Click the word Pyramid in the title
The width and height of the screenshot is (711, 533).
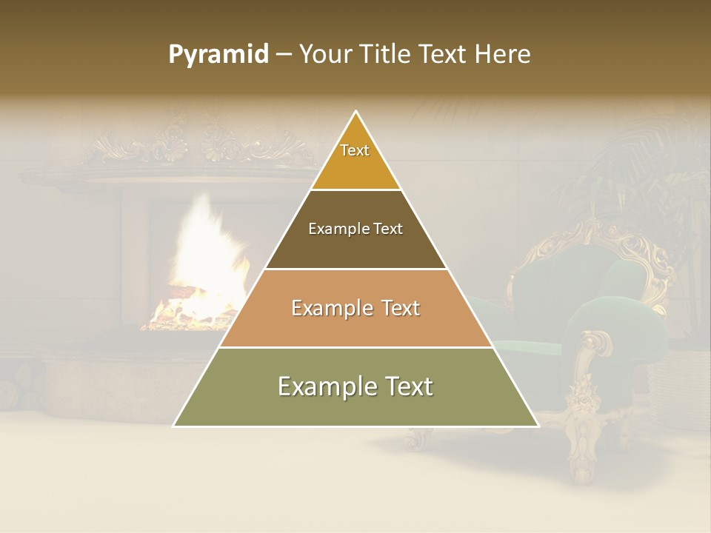[218, 55]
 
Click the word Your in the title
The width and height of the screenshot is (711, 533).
[325, 55]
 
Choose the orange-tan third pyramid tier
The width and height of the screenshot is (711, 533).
[355, 326]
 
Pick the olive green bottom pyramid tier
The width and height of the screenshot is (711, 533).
[355, 403]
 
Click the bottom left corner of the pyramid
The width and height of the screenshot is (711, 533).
[175, 426]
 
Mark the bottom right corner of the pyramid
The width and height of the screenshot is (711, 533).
[538, 426]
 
